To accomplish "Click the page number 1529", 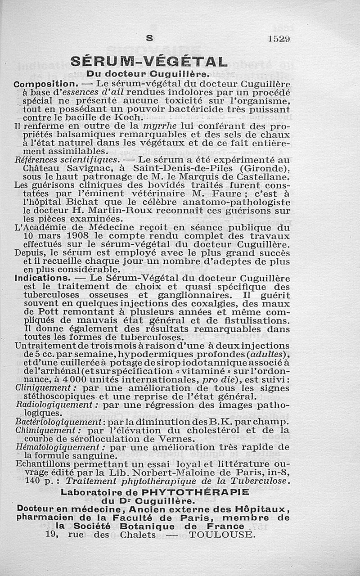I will (279, 39).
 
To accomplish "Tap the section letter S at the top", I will (149, 39).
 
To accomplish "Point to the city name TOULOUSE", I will (221, 535).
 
